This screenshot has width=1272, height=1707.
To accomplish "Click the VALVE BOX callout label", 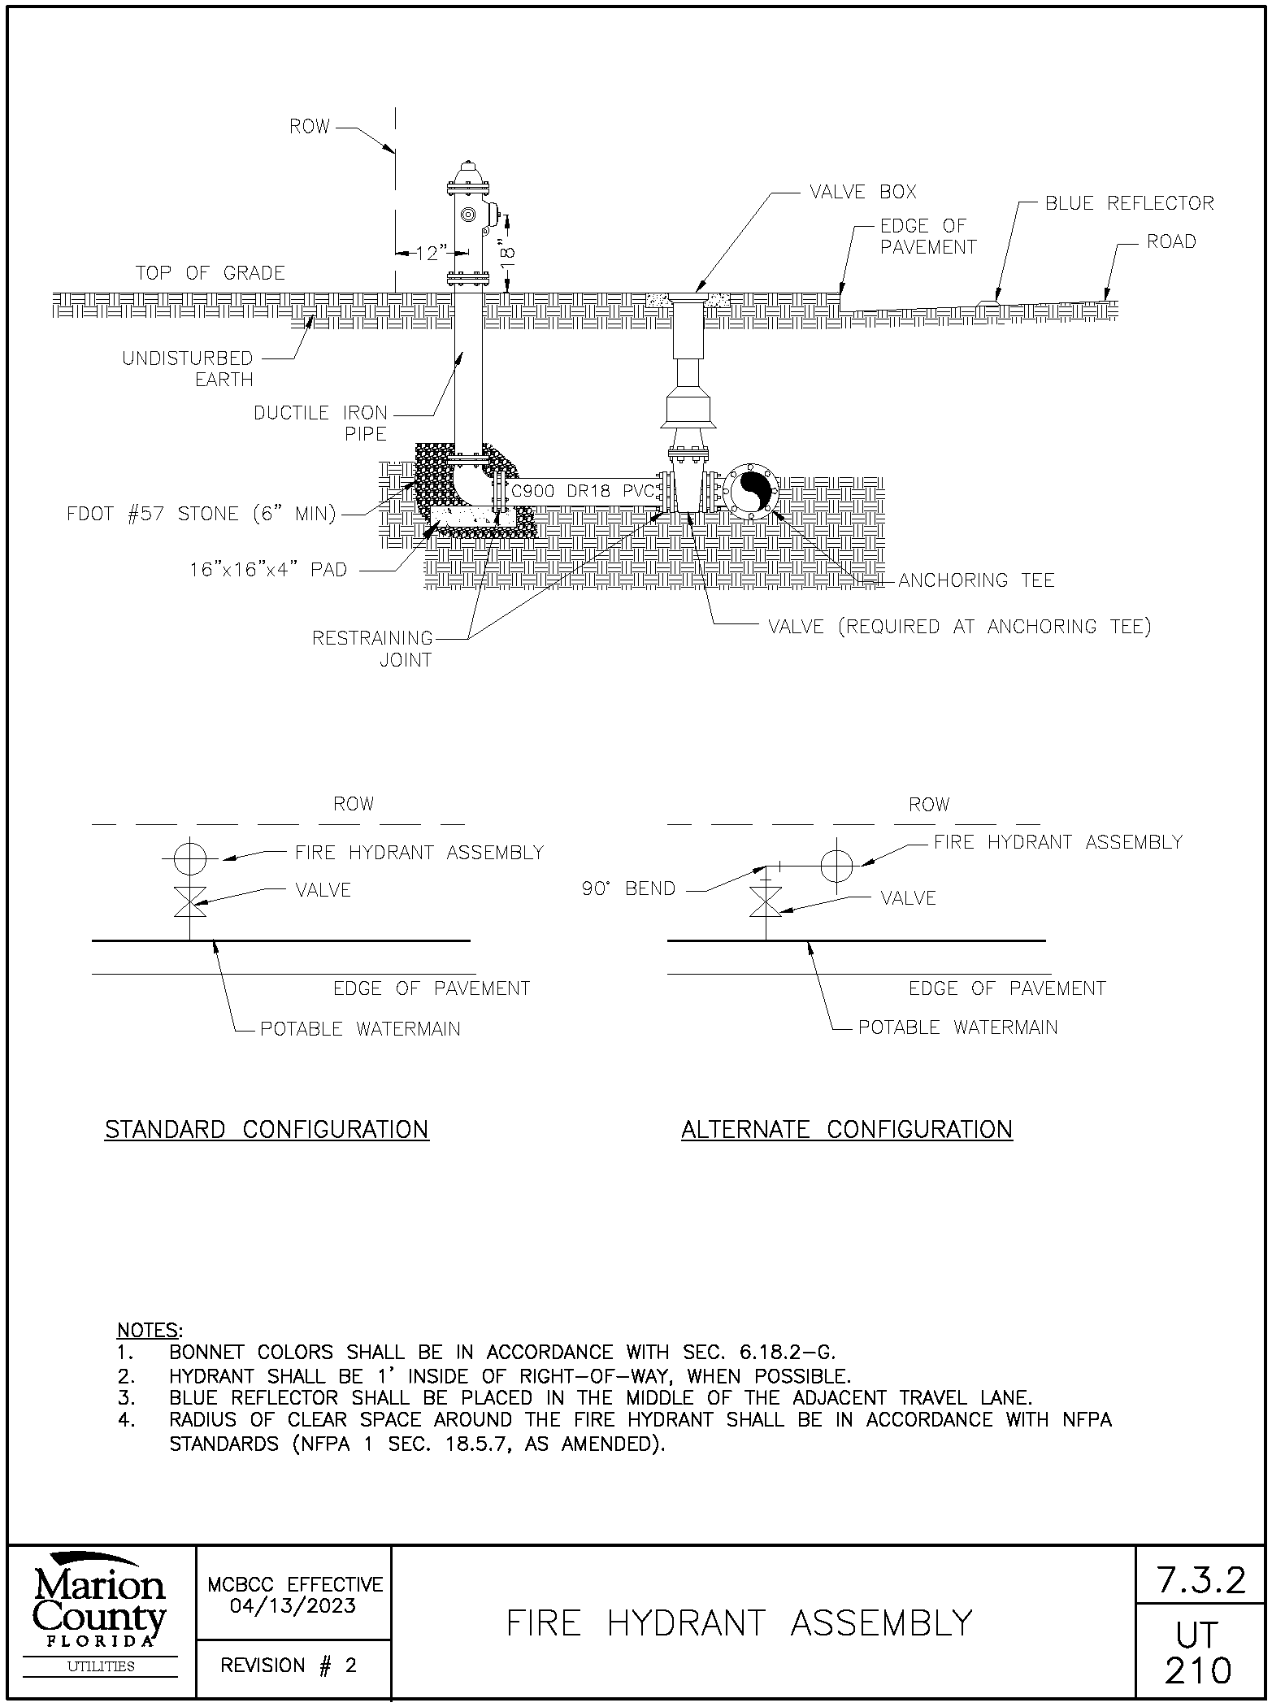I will pos(862,192).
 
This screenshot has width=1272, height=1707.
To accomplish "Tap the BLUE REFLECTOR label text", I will pos(1129,203).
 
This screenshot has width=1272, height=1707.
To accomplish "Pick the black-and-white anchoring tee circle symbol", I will pos(752,492).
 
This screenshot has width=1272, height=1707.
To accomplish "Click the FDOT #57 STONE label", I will pos(201,515).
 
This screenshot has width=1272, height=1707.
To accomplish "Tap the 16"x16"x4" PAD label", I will pos(268,570).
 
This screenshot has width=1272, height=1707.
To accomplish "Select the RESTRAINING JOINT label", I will pos(373,649).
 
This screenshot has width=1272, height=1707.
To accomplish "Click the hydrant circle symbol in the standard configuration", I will pos(190,857).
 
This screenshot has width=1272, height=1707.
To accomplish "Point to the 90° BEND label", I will pos(628,888).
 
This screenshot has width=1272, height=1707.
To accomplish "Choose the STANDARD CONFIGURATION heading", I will pos(267,1129).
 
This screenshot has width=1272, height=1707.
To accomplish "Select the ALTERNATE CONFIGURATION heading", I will pos(846,1129).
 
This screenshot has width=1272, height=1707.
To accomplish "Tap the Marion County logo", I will pos(100,1610).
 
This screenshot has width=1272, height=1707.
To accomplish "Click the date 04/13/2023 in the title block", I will pos(293,1605).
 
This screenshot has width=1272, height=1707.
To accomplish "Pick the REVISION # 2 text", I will pos(289,1666).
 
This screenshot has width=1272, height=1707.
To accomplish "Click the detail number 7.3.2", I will pos(1200,1579).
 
